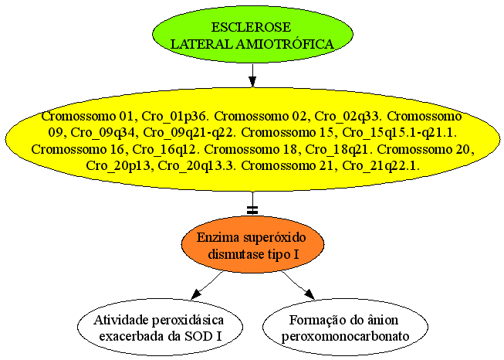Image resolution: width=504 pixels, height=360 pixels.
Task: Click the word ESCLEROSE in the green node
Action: pos(251,27)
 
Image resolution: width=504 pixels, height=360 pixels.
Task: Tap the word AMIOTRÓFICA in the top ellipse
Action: pos(285,44)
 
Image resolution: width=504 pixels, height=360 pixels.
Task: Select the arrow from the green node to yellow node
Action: pos(252,75)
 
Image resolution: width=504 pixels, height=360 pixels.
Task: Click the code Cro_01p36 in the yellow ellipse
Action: pos(173,116)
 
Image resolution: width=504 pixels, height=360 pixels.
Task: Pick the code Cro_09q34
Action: pos(103,133)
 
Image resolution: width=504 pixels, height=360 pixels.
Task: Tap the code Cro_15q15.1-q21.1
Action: pos(400,133)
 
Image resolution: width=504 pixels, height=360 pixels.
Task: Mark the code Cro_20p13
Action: pos(118,166)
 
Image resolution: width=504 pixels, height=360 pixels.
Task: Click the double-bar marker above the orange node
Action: pos(252,210)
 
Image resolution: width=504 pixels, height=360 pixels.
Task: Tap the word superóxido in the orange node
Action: pos(274,239)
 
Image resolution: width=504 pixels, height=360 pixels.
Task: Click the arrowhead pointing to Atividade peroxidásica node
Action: pos(196,294)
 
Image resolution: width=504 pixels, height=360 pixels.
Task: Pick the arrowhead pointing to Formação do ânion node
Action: pos(310,294)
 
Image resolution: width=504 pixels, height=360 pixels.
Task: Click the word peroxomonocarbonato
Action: pos(345,337)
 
